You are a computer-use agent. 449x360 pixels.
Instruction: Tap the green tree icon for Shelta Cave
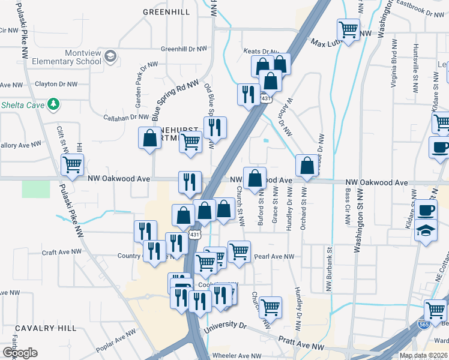pyautogui.click(x=54, y=104)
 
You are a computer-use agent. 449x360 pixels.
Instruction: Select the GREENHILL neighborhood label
pyautogui.click(x=166, y=12)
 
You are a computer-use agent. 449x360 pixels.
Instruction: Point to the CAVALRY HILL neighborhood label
pyautogui.click(x=46, y=328)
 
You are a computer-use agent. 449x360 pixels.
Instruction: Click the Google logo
pyautogui.click(x=20, y=353)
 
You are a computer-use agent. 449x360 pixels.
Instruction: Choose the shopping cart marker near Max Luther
pyautogui.click(x=348, y=29)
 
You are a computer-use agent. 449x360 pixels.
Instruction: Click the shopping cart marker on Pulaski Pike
pyautogui.click(x=72, y=164)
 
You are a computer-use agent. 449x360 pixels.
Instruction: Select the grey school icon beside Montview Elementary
pyautogui.click(x=110, y=56)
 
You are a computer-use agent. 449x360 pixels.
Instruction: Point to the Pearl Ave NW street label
pyautogui.click(x=274, y=256)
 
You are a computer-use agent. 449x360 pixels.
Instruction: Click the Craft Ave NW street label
pyautogui.click(x=61, y=253)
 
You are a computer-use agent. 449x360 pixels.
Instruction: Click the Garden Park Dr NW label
pyautogui.click(x=137, y=92)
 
